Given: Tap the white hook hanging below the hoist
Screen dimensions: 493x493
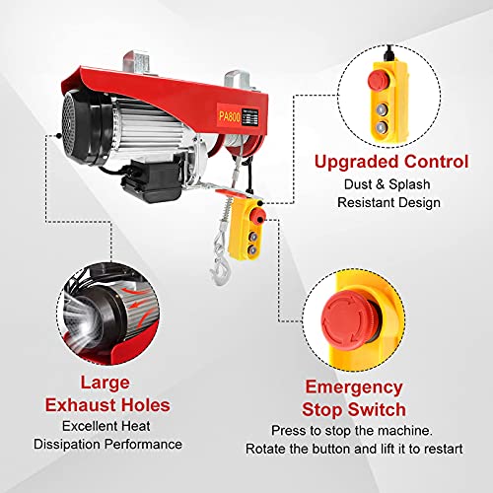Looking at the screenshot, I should point(215,265).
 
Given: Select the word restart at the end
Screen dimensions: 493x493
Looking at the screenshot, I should point(434,450).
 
